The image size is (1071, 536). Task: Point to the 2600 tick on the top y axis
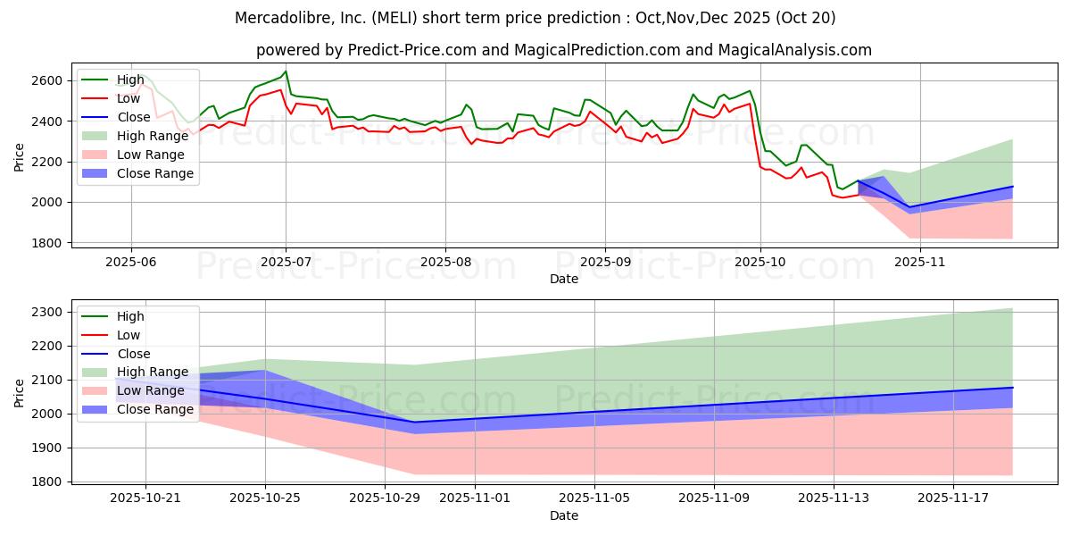point(48,80)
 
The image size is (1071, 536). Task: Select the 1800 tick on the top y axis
point(48,243)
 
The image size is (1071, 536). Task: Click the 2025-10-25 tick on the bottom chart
point(265,498)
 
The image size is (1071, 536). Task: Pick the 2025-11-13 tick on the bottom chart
point(834,498)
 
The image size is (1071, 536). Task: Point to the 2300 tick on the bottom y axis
point(48,312)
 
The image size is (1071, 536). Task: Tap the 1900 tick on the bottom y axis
point(48,448)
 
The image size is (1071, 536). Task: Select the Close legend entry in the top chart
point(134,117)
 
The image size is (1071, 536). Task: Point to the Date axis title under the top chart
point(564,279)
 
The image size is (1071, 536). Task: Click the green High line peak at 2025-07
point(286,71)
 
